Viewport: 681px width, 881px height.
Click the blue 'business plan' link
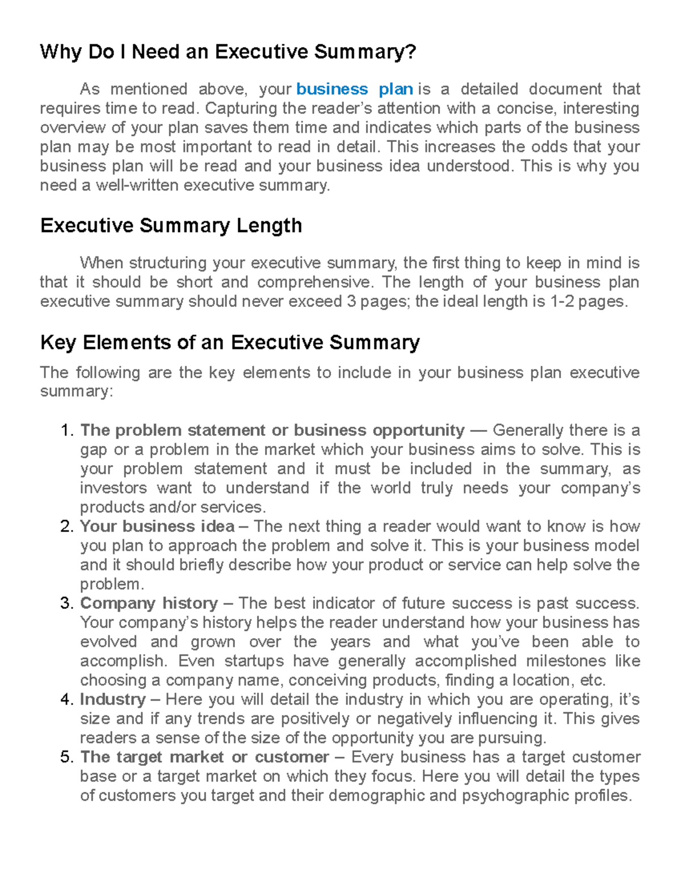point(354,89)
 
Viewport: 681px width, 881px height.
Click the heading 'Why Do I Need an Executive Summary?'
point(228,52)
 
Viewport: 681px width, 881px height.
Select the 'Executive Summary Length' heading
point(171,226)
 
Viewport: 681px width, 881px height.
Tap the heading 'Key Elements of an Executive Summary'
point(230,343)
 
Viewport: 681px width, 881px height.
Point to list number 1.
point(66,431)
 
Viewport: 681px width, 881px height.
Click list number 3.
point(66,603)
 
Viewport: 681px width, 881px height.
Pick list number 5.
point(66,757)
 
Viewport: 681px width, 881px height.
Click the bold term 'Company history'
point(149,603)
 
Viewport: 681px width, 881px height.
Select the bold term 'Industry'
point(113,699)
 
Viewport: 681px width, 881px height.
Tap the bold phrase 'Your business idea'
point(157,526)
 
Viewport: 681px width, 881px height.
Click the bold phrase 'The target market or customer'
point(204,757)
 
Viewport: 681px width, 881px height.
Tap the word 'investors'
point(113,488)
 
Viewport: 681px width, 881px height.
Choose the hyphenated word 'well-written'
point(137,186)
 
